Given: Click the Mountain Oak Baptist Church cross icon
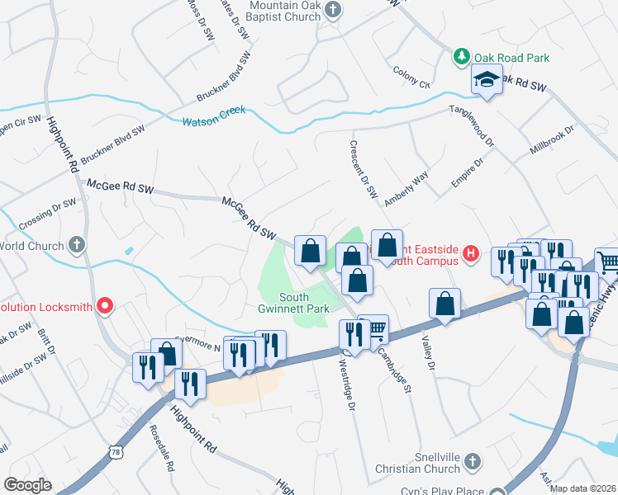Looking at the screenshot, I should (x=332, y=10).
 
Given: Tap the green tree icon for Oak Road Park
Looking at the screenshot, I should (x=461, y=58).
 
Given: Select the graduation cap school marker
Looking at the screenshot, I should (x=487, y=80).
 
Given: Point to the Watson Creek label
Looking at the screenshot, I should (x=214, y=120).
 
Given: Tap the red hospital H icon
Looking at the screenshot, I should (x=470, y=253).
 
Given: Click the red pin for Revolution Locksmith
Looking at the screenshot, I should (x=105, y=306).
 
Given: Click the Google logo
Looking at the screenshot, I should (x=27, y=485).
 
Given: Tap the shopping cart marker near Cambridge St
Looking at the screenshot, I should (x=375, y=329).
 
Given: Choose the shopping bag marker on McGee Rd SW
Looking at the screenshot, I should (x=310, y=250).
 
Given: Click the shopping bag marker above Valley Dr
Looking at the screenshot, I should (x=444, y=303).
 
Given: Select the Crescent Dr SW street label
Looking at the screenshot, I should (x=362, y=164).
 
